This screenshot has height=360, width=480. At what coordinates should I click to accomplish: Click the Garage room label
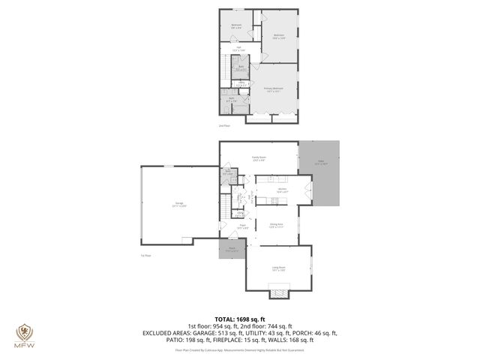point(180,205)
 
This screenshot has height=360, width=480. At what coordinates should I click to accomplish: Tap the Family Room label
point(259,158)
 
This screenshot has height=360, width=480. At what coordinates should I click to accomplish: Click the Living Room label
point(278,267)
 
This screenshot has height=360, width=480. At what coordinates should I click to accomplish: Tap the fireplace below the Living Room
point(278,293)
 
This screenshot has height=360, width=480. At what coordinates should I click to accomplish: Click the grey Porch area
point(232,251)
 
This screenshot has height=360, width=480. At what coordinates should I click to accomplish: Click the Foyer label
point(243,226)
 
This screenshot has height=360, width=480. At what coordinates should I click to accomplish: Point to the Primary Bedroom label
point(277,90)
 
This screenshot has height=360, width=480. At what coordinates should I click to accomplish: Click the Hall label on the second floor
point(239,49)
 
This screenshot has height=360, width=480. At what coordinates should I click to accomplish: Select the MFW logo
point(24,334)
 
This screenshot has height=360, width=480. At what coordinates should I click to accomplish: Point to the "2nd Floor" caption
point(225,126)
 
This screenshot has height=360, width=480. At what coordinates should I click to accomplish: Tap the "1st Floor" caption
point(146,256)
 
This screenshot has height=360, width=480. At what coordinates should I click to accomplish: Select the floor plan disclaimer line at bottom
point(240,349)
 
